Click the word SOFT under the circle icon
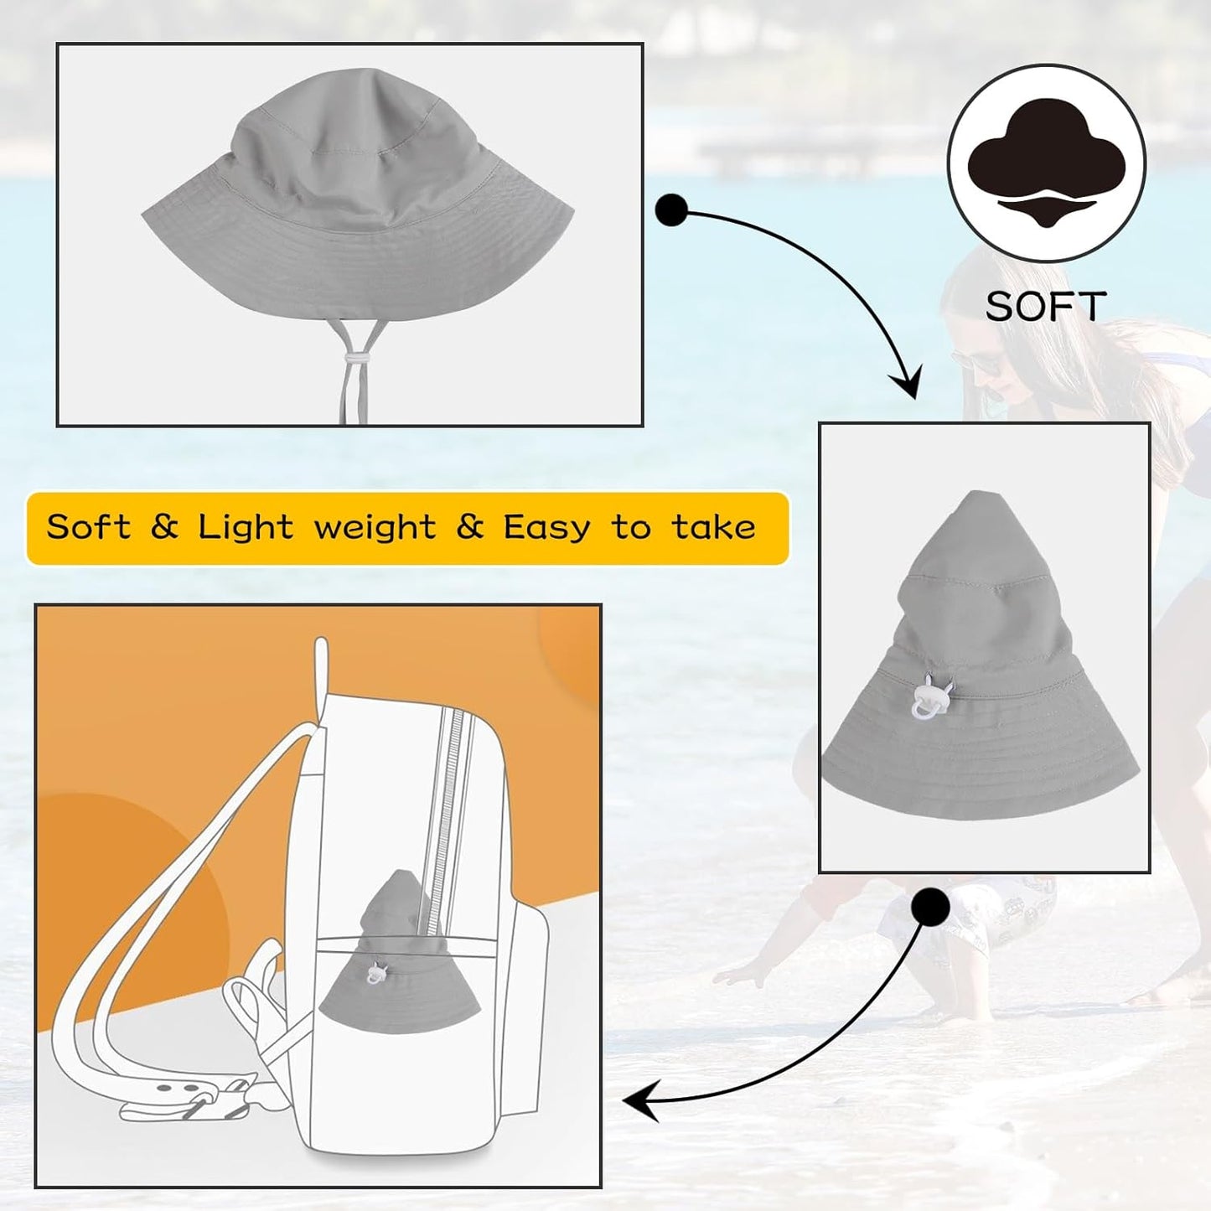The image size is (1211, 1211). point(1045,306)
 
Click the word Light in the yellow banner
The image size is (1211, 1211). point(246,527)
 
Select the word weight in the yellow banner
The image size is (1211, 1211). point(375,528)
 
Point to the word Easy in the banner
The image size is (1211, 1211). point(546,528)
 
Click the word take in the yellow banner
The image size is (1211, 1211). point(713,528)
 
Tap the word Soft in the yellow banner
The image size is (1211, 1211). point(89,526)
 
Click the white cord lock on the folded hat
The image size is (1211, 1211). point(932,696)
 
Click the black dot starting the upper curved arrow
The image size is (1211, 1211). point(671,210)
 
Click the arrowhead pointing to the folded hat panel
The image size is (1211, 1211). point(907,381)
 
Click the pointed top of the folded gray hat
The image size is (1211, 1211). point(975,494)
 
